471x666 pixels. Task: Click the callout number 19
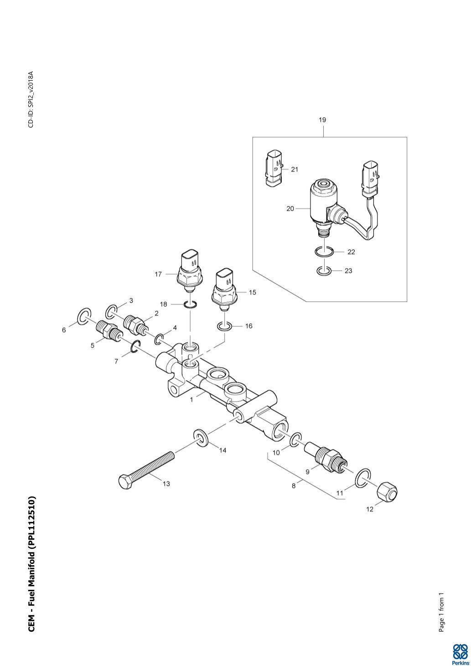coord(322,120)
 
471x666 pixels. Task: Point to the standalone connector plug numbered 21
coord(273,168)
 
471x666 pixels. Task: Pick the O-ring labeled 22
coord(324,251)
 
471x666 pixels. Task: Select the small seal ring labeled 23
coord(323,271)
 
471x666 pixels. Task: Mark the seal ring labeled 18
coord(191,305)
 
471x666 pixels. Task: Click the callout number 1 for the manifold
coord(192,399)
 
